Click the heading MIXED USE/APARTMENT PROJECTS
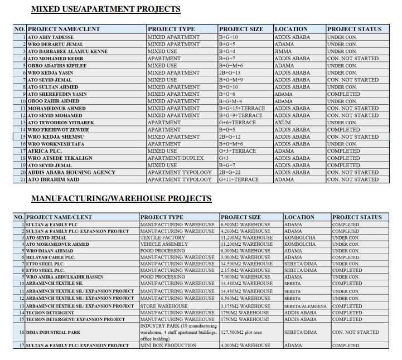point(105,9)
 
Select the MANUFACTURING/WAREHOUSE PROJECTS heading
point(121,198)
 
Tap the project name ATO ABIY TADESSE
point(51,37)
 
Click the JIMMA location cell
point(283,51)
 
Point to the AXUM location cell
point(283,123)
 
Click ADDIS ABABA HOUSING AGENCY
point(72,172)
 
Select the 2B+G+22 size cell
point(234,172)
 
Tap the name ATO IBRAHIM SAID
point(54,179)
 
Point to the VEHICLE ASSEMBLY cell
point(164,244)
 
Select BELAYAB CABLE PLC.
point(51,257)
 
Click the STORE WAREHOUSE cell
point(164,306)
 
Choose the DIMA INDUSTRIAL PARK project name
point(54,332)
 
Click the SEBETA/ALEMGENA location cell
point(306,306)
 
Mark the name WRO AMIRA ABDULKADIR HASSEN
point(65,277)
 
